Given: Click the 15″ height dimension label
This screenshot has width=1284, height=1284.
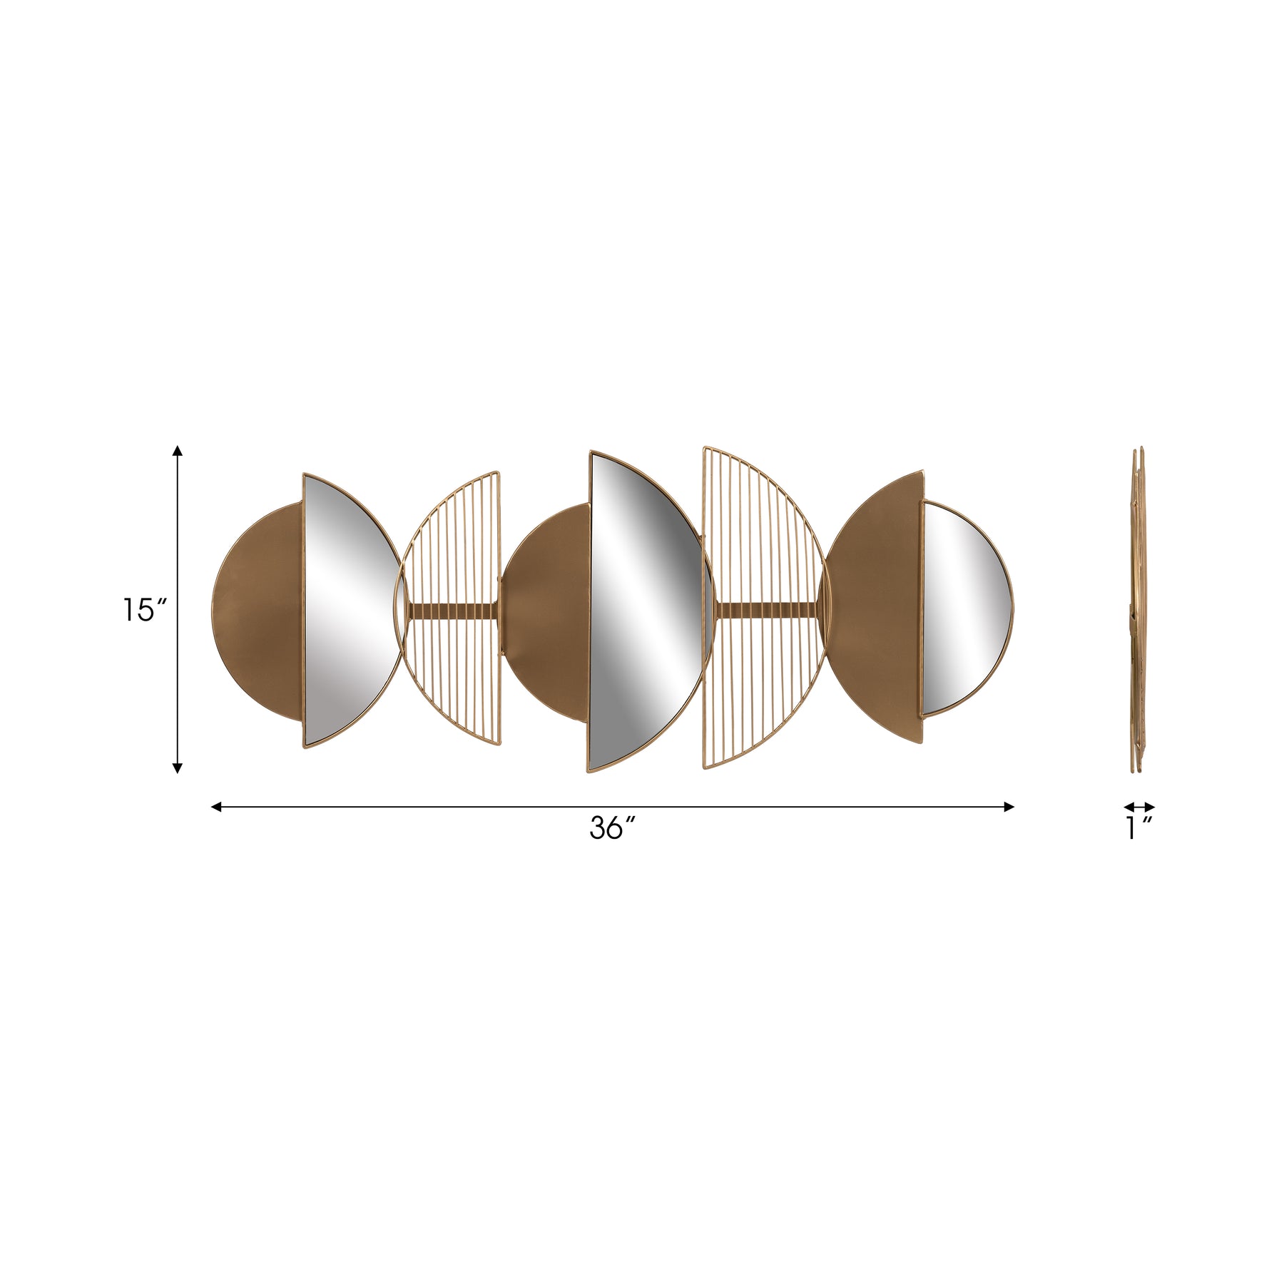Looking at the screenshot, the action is [x=145, y=610].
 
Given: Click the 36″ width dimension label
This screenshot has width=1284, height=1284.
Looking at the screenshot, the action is [x=612, y=828].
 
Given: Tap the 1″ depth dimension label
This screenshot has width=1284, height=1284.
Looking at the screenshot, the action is [x=1139, y=828].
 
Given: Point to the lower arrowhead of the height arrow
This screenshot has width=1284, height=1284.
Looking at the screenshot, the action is [x=178, y=768].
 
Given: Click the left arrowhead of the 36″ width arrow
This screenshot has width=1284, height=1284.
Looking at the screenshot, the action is [x=217, y=807].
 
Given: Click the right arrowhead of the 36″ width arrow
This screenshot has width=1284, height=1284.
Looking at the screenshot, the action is [x=1009, y=807].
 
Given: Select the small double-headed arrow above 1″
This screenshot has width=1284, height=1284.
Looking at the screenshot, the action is [x=1139, y=807].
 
